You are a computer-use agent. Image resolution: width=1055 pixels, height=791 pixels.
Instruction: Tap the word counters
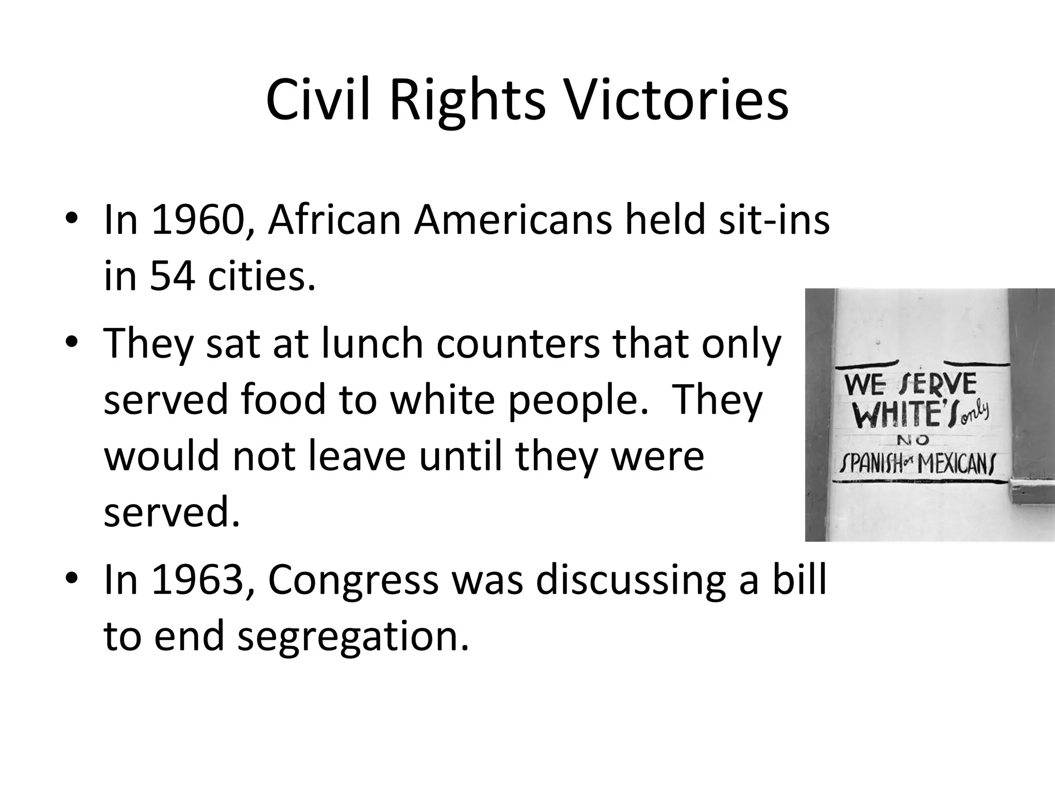518,343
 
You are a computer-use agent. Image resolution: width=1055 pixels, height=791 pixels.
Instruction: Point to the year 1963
197,580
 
